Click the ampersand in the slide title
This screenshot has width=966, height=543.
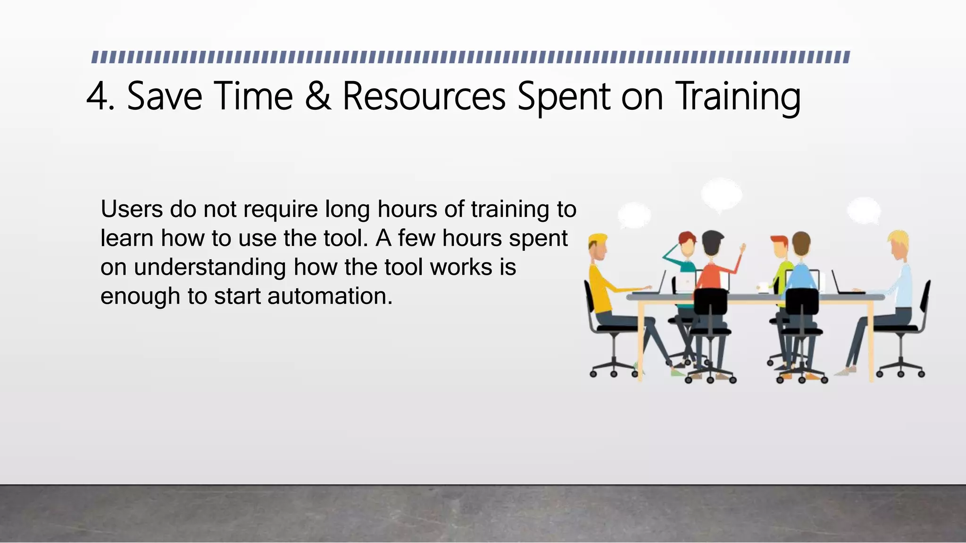pos(318,96)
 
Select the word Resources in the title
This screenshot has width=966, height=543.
pos(424,96)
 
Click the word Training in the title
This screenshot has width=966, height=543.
pos(738,97)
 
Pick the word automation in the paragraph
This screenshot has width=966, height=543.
pos(330,296)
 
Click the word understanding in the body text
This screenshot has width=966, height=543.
pos(210,267)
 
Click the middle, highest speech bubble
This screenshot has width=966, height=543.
pos(721,193)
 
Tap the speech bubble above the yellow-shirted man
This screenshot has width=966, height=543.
pos(634,215)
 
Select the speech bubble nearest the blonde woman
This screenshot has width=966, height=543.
pos(864,210)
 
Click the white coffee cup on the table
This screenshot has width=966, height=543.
pos(763,287)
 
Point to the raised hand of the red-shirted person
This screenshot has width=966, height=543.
pos(742,248)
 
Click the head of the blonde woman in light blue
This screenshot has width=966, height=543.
pos(898,245)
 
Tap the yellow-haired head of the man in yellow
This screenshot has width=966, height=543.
pos(598,247)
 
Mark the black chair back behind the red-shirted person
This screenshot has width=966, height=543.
pos(710,302)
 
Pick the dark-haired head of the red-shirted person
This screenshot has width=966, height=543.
pos(713,242)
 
